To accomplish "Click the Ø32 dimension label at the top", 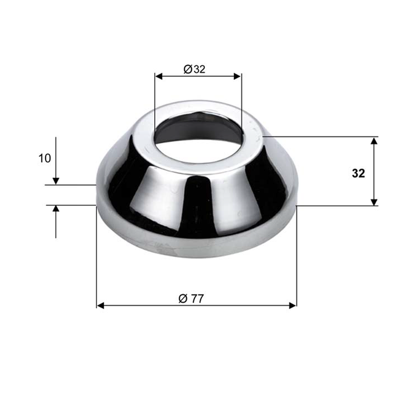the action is (194, 69).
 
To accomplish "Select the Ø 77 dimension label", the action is (191, 299).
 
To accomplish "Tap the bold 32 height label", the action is (358, 173).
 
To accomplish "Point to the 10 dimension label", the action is (45, 158).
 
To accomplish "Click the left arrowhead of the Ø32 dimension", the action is (159, 76).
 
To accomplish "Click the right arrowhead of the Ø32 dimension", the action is (237, 76).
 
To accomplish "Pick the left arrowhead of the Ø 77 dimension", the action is (101, 305).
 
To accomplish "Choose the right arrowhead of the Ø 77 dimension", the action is (293, 305).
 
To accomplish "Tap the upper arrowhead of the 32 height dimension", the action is (374, 141).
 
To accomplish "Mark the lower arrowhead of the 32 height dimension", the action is (374, 202).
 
